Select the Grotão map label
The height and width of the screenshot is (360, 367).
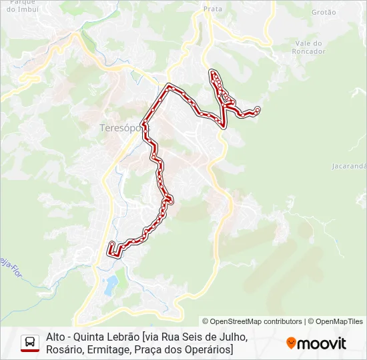click(324, 12)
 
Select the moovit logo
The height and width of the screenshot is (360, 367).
click(316, 343)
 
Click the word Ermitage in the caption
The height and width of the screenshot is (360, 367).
click(110, 350)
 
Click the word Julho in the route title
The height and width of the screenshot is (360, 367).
click(230, 337)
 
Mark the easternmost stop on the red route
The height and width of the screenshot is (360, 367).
click(258, 109)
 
